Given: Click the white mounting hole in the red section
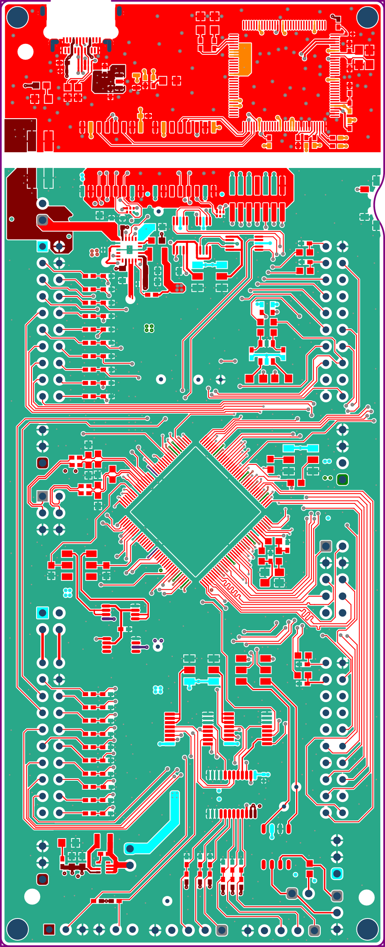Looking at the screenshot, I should (26, 52).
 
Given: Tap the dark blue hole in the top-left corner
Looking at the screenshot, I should (17, 17).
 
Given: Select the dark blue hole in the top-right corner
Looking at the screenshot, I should (367, 17).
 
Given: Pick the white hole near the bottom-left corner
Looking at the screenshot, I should (32, 897).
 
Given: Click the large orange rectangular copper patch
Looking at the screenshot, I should (241, 59).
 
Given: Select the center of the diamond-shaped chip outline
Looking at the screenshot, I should (196, 512).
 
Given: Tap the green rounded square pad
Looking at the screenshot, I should (342, 480).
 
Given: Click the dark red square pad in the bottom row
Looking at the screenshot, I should (49, 930).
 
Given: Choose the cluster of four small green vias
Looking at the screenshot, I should (149, 328).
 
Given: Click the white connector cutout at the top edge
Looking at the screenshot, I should (81, 21).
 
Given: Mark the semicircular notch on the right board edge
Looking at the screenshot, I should (378, 205).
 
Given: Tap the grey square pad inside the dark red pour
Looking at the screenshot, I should (43, 220).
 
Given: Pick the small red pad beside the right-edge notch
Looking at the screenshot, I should (364, 189).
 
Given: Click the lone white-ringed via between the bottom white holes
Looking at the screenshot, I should (168, 901).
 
